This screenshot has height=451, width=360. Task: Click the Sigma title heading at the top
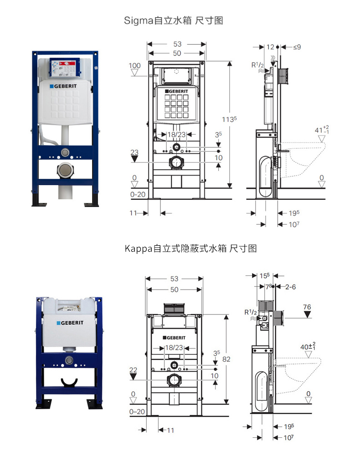click(174, 21)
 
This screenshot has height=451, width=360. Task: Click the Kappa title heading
click(190, 249)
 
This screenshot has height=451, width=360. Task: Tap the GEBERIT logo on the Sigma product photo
click(66, 86)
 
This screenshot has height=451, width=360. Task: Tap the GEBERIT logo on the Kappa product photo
click(70, 322)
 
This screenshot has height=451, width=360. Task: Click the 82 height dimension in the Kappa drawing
click(226, 359)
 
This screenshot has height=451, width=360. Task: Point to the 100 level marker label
click(135, 66)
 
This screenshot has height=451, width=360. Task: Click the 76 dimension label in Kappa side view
click(307, 307)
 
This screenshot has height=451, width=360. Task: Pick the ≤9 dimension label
click(297, 47)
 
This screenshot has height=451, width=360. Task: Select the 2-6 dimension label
click(290, 287)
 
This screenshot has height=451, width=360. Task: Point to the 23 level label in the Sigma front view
click(134, 152)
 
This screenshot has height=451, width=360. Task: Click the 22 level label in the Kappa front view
click(133, 370)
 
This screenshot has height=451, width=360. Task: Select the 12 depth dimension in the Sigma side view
click(270, 47)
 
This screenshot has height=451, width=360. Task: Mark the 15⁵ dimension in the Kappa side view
click(265, 275)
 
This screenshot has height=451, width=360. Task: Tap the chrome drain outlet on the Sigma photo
click(65, 171)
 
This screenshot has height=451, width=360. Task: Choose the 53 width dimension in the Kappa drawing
click(174, 279)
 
